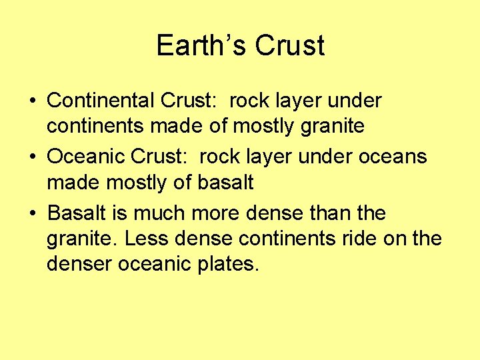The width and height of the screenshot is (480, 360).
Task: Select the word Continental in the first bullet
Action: click(x=101, y=101)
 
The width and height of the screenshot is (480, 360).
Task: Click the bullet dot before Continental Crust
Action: click(x=32, y=101)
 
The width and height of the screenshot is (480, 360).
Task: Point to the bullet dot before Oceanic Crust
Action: click(x=32, y=157)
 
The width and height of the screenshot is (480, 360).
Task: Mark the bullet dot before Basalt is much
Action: click(x=32, y=213)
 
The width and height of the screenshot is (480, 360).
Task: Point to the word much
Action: click(x=160, y=213)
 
